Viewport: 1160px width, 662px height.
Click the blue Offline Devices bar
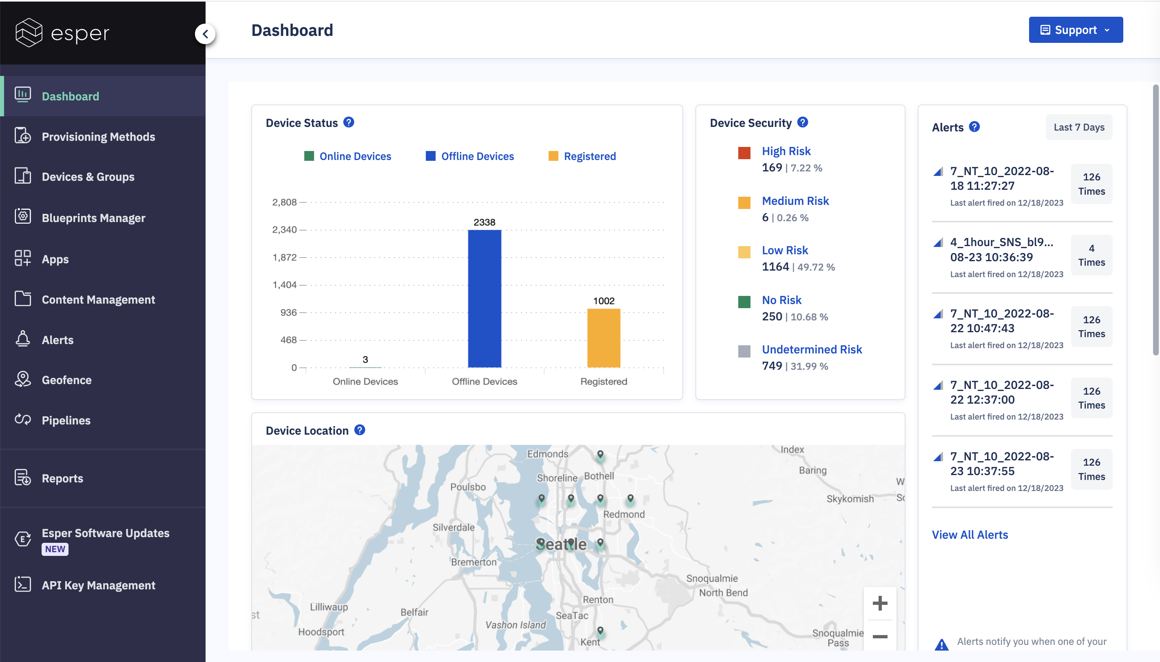click(x=485, y=298)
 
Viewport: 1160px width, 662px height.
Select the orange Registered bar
click(x=603, y=338)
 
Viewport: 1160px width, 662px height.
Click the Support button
click(x=1076, y=30)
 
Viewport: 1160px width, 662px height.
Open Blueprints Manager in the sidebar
click(x=93, y=218)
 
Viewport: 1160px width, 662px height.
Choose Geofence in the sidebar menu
click(x=66, y=380)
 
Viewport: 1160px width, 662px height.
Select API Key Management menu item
click(x=98, y=585)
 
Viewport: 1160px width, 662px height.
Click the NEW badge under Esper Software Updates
click(x=55, y=549)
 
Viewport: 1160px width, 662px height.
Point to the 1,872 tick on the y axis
click(x=284, y=258)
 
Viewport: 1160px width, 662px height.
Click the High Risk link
click(x=786, y=151)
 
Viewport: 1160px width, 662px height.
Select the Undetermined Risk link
click(x=812, y=349)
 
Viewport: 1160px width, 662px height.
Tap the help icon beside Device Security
click(x=803, y=122)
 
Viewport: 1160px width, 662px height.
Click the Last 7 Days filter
click(x=1079, y=127)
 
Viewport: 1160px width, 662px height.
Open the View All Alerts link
click(x=970, y=535)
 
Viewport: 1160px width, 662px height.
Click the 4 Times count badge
click(x=1091, y=255)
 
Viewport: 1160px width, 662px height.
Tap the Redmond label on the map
click(x=624, y=514)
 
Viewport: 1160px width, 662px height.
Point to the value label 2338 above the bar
click(x=485, y=222)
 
